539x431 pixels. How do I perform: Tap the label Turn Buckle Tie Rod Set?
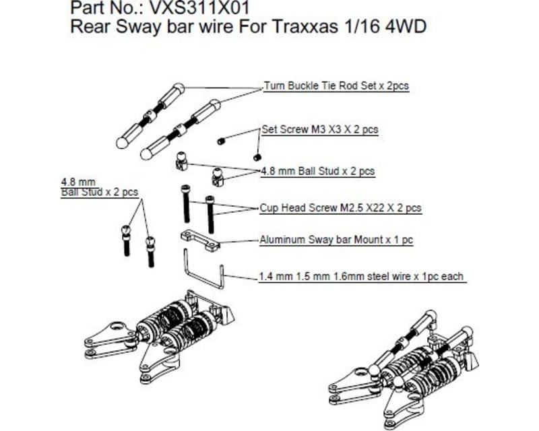[336, 86]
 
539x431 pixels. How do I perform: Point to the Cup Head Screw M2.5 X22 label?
[340, 208]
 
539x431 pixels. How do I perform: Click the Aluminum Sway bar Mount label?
[336, 240]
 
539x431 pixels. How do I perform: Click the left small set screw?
[221, 141]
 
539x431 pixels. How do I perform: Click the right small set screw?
[257, 157]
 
